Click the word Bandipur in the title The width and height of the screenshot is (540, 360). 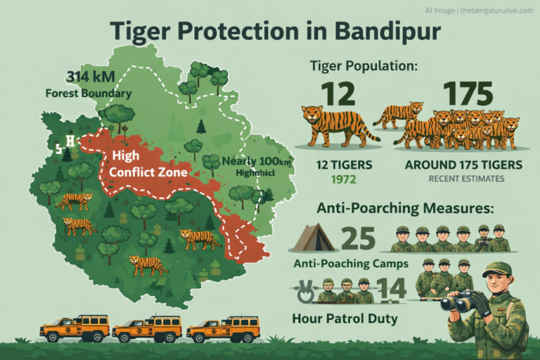click(379, 32)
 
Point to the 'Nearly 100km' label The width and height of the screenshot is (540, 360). click(256, 161)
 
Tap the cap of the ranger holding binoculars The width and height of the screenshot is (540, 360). click(497, 269)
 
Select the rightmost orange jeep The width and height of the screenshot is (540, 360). click(224, 328)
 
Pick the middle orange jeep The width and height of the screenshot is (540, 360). click(148, 328)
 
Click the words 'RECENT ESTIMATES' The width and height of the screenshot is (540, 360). click(466, 179)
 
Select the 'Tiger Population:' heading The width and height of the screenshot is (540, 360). click(364, 66)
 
